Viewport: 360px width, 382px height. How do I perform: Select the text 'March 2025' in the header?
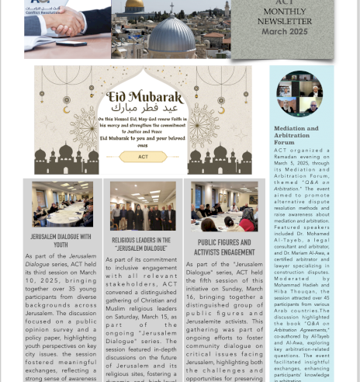284,32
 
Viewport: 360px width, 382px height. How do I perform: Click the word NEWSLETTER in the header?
285,22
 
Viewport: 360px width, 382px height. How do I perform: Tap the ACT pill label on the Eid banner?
143,157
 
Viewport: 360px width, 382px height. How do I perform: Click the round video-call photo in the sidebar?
299,93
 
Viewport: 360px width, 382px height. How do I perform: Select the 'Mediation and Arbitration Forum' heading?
296,135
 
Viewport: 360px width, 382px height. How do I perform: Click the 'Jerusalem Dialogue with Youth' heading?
61,240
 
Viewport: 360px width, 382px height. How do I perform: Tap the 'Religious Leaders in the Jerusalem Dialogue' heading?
141,244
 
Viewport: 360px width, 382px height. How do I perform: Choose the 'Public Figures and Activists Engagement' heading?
225,247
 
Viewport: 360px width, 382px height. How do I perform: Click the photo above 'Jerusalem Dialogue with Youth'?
62,204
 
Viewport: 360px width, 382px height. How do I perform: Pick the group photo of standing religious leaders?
142,207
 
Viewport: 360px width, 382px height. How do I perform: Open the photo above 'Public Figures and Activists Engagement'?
225,207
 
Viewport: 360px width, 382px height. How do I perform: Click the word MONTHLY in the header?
285,12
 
